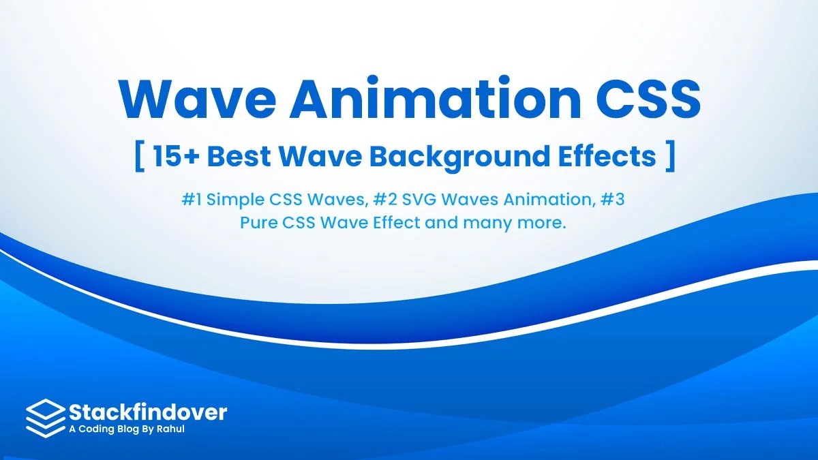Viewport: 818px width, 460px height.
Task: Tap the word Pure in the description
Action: tap(257, 223)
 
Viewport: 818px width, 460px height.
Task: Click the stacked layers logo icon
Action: tap(45, 417)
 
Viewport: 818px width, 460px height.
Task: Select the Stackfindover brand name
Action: tap(148, 411)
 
